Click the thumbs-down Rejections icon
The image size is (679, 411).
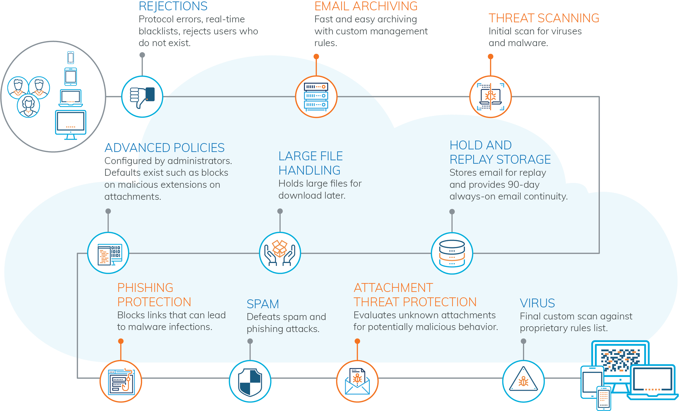point(142,97)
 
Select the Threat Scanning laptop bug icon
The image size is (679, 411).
point(490,97)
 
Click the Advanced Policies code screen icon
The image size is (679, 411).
point(108,253)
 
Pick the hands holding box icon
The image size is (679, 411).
point(280,253)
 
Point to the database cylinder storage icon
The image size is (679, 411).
point(452,253)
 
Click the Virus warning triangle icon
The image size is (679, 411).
point(523,382)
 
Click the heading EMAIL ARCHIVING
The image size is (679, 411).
point(366,6)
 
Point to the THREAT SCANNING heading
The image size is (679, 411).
point(544,18)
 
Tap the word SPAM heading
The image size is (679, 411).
point(263,304)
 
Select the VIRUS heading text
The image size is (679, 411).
point(537,303)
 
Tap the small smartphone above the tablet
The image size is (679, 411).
point(71,58)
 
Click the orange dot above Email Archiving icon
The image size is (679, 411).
point(316,57)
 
